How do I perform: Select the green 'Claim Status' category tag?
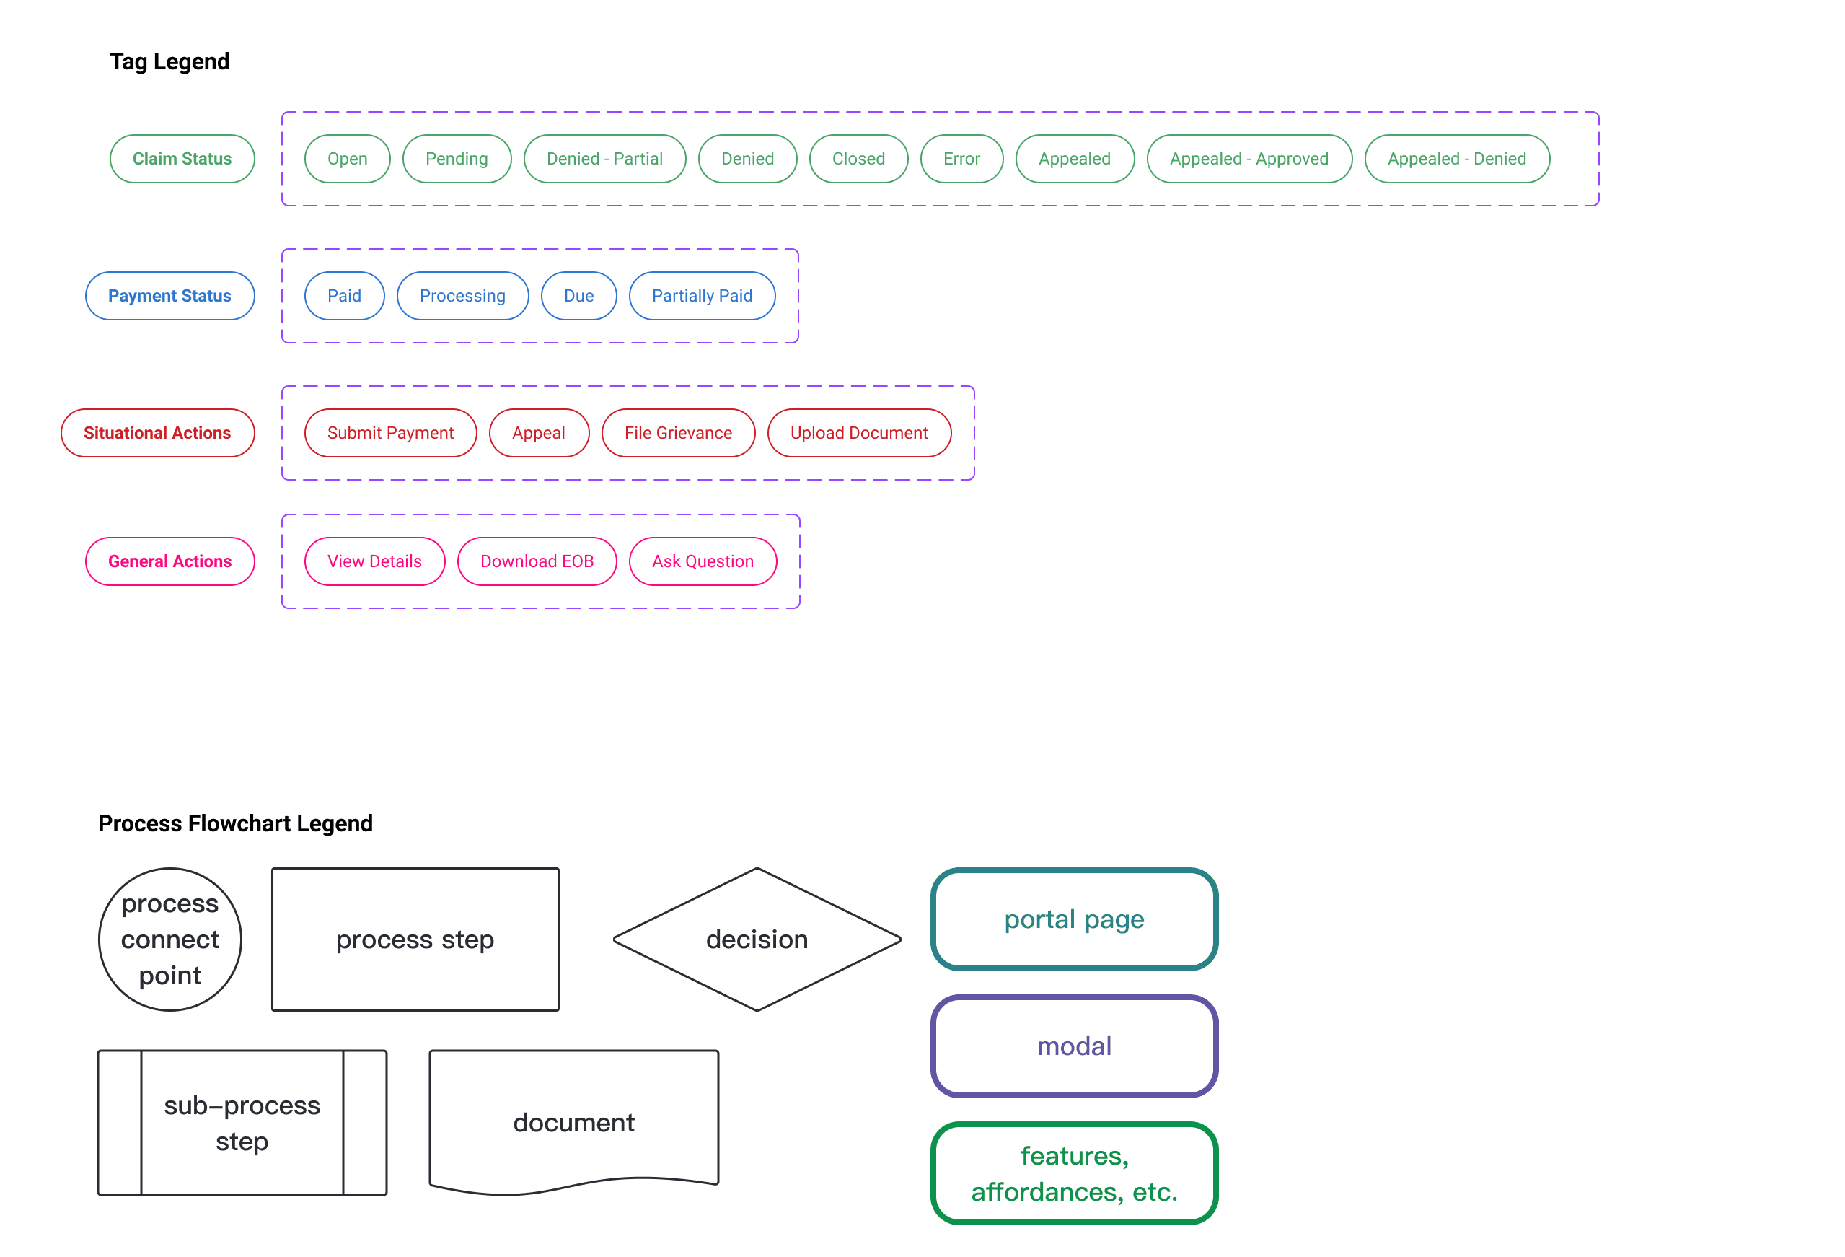click(182, 159)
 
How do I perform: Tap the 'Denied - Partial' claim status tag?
click(604, 159)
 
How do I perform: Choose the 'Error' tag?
click(961, 159)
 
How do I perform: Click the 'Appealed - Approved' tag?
click(1249, 159)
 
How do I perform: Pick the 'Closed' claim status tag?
click(858, 159)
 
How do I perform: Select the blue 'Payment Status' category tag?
click(170, 296)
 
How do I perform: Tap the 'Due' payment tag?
click(578, 296)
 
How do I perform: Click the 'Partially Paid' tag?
click(701, 296)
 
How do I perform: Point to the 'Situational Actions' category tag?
click(157, 433)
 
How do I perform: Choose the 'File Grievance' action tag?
click(677, 433)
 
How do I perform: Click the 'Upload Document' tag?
click(858, 433)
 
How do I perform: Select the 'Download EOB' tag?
click(537, 561)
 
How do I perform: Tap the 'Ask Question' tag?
click(702, 561)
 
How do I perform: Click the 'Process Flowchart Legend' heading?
click(235, 823)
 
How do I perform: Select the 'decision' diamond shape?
click(757, 940)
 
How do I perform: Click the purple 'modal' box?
click(1074, 1046)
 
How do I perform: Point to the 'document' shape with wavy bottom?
click(573, 1122)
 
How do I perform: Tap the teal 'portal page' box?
click(1074, 919)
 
